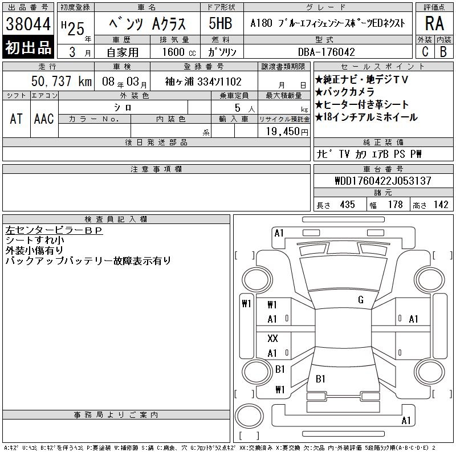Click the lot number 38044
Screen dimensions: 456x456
point(28,24)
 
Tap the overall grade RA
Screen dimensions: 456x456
point(434,23)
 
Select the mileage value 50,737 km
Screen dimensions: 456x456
point(62,81)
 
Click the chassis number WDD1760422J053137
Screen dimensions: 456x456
point(383,181)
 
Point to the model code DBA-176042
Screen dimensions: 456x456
point(326,52)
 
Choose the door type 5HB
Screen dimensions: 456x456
point(221,23)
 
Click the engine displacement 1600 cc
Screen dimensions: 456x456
point(179,52)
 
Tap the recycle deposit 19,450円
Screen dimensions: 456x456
point(287,132)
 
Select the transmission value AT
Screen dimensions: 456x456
point(17,119)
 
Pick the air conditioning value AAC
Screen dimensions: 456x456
point(44,119)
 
